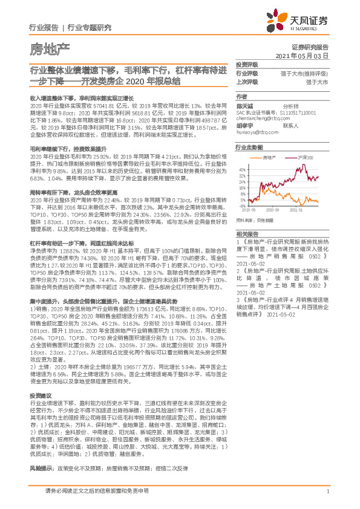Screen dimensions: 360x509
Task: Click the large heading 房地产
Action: coord(50,48)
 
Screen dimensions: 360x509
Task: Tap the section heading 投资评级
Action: coord(246,65)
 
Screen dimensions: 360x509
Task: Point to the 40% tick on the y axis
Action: coord(242,169)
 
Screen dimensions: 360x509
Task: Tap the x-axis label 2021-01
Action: coord(296,210)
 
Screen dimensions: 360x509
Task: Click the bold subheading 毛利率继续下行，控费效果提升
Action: coord(62,148)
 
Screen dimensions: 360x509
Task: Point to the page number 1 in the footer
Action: coord(327,491)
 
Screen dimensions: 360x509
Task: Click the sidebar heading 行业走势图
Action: coord(249,148)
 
